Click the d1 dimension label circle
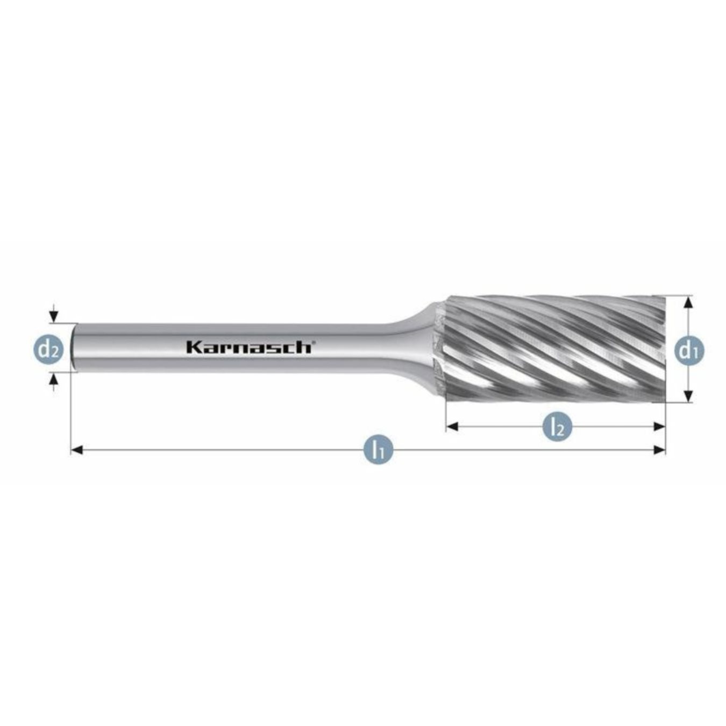[689, 351]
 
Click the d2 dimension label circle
[49, 350]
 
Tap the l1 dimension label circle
[379, 450]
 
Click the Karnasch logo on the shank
[249, 347]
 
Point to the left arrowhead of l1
[77, 450]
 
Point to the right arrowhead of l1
[659, 450]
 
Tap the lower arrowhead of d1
[688, 397]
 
